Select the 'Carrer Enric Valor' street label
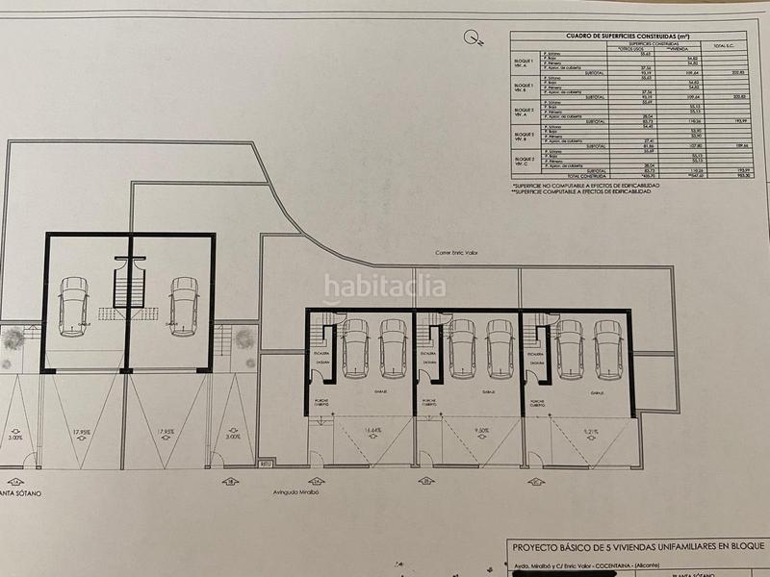click(456, 253)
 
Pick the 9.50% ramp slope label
click(483, 432)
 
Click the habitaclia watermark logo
click(384, 286)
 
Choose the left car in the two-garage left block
click(73, 306)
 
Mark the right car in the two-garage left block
click(183, 306)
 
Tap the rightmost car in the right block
click(607, 348)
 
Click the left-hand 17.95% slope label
click(84, 432)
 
